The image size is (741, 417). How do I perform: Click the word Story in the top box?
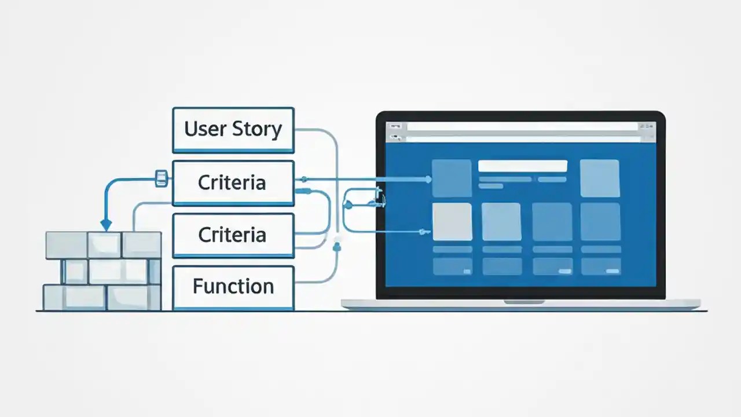257,129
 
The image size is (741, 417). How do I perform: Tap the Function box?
233,287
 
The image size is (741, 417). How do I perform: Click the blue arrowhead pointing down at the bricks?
105,224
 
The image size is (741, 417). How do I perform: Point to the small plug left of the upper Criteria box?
162,178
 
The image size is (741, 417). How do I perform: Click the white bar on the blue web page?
522,166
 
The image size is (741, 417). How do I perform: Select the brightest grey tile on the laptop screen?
452,221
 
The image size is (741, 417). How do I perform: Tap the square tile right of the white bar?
600,178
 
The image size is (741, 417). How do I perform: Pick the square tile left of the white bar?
452,178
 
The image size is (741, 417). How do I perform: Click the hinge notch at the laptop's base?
524,302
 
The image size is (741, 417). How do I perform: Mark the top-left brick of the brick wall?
66,244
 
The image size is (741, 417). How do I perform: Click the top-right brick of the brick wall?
142,244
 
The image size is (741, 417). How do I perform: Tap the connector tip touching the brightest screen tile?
428,232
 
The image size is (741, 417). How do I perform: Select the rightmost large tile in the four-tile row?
600,221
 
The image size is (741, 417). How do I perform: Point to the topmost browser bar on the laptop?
521,126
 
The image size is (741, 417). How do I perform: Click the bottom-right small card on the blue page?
600,266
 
